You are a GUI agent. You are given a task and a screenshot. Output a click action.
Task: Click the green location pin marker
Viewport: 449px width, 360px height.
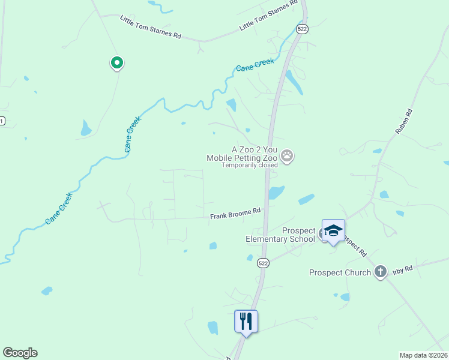(116, 62)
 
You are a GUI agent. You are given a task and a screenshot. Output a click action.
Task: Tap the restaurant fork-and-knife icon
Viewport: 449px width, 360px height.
(246, 321)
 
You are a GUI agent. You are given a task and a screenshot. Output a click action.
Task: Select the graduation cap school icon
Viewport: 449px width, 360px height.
(333, 231)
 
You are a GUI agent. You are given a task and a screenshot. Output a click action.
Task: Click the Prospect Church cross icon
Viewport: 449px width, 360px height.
(380, 272)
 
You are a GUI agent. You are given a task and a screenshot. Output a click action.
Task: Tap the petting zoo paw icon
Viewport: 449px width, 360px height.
(288, 157)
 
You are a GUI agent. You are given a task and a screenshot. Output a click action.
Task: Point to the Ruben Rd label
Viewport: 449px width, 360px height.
(404, 121)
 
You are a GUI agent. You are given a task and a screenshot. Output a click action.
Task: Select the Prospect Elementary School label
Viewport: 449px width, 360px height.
(280, 235)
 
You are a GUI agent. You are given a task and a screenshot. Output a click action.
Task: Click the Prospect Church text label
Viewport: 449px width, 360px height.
(340, 272)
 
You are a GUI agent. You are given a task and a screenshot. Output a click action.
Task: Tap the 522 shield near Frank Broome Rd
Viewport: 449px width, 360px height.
(263, 263)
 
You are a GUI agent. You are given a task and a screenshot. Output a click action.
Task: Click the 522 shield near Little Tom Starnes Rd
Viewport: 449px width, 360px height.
(303, 28)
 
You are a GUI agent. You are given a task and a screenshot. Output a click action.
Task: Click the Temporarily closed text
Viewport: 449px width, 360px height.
(250, 165)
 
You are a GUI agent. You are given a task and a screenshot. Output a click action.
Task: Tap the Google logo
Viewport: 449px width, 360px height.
(20, 353)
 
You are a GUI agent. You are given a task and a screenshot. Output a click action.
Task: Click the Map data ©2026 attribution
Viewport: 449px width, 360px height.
(423, 355)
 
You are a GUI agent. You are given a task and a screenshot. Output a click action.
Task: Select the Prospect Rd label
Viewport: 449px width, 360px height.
(353, 245)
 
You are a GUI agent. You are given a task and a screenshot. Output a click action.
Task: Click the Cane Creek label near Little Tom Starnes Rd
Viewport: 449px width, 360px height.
(255, 65)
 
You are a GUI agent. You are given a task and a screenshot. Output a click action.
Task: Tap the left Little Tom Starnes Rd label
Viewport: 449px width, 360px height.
(150, 28)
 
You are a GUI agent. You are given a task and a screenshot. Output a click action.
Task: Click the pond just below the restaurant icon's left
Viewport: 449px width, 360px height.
(212, 328)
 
